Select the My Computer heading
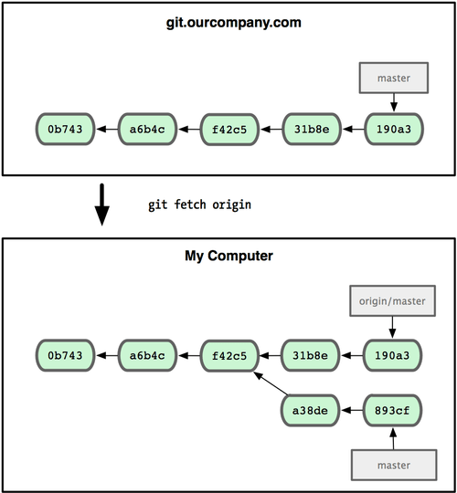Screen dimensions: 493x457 pos(228,257)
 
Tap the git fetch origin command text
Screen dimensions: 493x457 pos(199,205)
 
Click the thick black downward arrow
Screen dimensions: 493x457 pos(102,206)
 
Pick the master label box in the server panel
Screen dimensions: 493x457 pos(393,79)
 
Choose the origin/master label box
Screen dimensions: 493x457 pos(393,299)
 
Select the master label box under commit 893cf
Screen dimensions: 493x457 pos(393,465)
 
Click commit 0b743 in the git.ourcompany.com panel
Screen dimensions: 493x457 pos(65,130)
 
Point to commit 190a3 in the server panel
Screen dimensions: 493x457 pos(393,130)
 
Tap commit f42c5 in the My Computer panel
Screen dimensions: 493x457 pos(228,354)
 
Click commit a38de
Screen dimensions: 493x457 pos(311,411)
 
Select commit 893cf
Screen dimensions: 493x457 pos(393,411)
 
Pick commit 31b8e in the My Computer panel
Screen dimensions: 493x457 pos(311,354)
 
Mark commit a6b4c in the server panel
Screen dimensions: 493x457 pos(147,130)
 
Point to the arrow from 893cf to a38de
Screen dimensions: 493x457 pos(352,411)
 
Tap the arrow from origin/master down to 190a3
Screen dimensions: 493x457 pos(393,325)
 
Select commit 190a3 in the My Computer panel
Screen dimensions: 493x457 pos(393,354)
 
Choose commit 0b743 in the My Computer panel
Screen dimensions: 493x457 pos(65,354)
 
